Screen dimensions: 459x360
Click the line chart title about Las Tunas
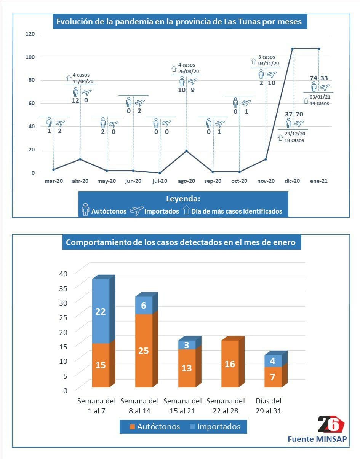coord(179,22)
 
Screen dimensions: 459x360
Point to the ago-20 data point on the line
coord(186,151)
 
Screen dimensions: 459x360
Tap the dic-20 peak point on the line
coord(292,49)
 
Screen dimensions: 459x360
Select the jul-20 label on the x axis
coord(160,181)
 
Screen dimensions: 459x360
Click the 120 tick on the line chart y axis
coord(30,34)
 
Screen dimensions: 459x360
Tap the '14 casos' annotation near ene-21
coord(319,103)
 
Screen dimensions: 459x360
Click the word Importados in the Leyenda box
coord(161,211)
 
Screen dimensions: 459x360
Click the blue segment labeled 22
coord(101,311)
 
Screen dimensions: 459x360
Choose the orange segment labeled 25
coord(144,350)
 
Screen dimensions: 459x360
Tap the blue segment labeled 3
coord(187,345)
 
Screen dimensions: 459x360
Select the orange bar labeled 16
coord(230,363)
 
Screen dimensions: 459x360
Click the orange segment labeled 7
coord(273,377)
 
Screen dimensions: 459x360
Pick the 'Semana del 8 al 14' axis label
coord(139,406)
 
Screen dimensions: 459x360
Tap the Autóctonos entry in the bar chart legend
coord(154,426)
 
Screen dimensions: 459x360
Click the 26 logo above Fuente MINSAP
coord(331,424)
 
